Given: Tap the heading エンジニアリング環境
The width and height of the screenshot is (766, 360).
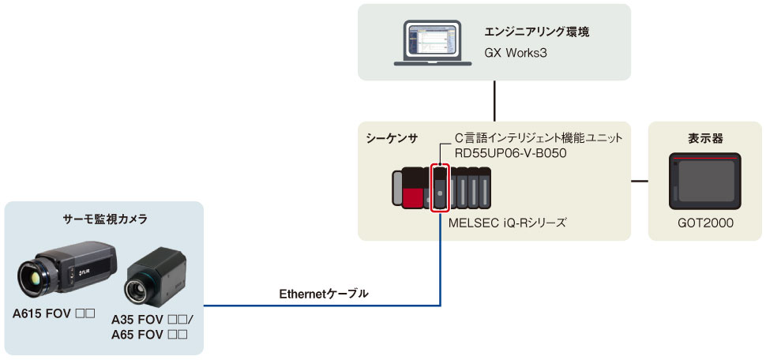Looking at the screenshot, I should [536, 33].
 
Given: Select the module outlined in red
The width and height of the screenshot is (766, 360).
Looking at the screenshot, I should [441, 188].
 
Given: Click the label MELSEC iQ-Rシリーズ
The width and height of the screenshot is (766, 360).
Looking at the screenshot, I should [507, 223].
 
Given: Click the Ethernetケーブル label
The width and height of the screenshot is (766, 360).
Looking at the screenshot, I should [324, 294].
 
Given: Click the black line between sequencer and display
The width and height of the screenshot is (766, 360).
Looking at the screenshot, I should [640, 181].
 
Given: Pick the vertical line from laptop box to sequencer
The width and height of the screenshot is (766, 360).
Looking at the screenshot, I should [494, 101].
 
